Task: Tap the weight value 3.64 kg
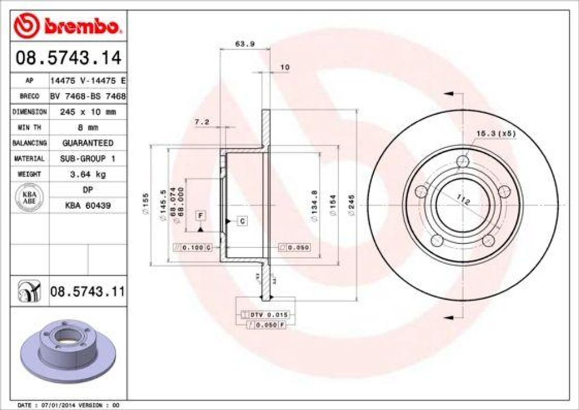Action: pyautogui.click(x=88, y=174)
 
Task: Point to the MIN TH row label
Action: pyautogui.click(x=29, y=128)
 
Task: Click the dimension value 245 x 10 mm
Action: pyautogui.click(x=88, y=112)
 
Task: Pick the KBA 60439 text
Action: pyautogui.click(x=88, y=205)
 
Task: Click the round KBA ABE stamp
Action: pyautogui.click(x=29, y=197)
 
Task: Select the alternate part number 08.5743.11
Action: pyautogui.click(x=87, y=292)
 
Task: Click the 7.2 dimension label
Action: pyautogui.click(x=202, y=122)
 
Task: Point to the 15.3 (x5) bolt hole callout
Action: pyautogui.click(x=496, y=133)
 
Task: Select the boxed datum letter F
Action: pyautogui.click(x=200, y=215)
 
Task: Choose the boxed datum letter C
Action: pyautogui.click(x=241, y=221)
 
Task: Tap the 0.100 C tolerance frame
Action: pyautogui.click(x=192, y=248)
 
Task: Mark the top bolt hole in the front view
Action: pyautogui.click(x=463, y=162)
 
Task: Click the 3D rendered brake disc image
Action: pyautogui.click(x=68, y=351)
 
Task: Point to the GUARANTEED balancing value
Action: pyautogui.click(x=88, y=143)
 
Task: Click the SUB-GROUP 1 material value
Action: pyautogui.click(x=88, y=159)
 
